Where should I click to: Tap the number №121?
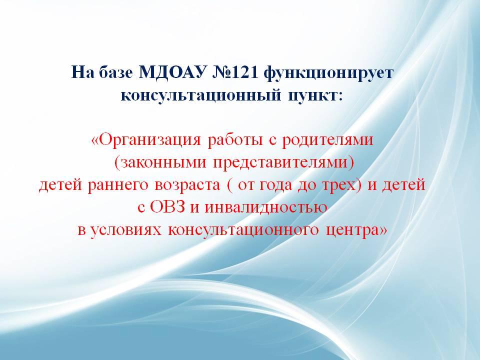tap(233, 72)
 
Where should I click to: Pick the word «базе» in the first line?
tap(115, 73)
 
